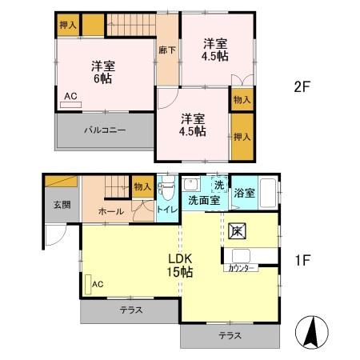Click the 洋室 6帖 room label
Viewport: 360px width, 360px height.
pos(101,73)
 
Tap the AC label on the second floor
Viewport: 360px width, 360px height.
pos(71,96)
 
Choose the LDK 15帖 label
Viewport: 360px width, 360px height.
pos(179,266)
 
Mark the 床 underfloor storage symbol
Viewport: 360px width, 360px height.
pos(237,230)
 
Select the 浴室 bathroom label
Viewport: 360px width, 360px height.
pos(245,193)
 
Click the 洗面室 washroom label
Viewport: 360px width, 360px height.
pos(204,201)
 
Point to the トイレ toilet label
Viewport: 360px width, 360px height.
pos(166,210)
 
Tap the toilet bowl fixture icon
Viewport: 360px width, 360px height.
pos(166,189)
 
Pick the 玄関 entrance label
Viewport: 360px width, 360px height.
pos(62,205)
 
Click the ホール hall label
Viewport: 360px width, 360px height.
pos(110,210)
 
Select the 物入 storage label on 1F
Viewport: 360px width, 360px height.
pos(143,186)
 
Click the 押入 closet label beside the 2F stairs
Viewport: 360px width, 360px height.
pos(68,26)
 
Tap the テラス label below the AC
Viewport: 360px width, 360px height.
pos(131,310)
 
